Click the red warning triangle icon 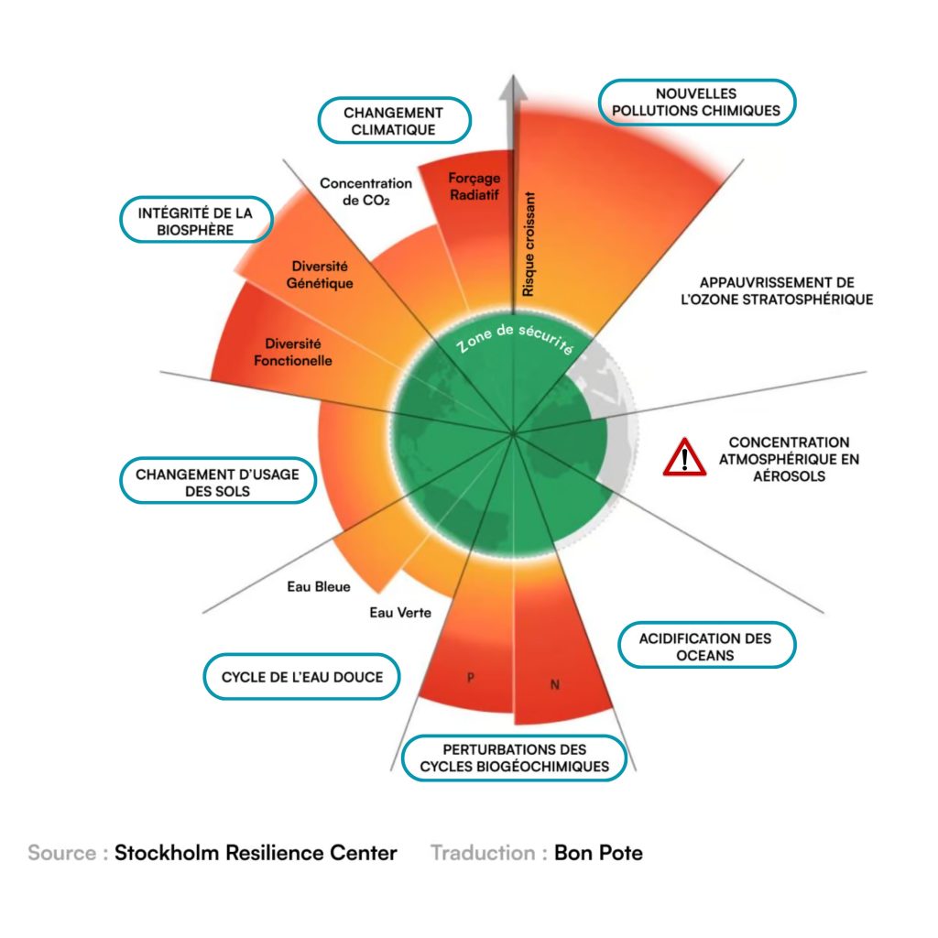[x=684, y=457]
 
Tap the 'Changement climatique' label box [x=394, y=121]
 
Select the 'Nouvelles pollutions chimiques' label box [x=696, y=103]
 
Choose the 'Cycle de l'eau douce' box [x=301, y=678]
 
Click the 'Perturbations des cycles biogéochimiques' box [x=514, y=758]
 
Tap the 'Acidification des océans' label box [x=704, y=647]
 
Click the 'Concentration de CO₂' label [x=365, y=191]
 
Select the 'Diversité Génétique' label [x=320, y=274]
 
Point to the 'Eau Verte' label [x=400, y=612]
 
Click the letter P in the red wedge [x=470, y=679]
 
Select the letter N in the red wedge [x=554, y=684]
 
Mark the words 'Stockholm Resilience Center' [x=256, y=853]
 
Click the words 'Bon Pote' [x=598, y=853]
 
